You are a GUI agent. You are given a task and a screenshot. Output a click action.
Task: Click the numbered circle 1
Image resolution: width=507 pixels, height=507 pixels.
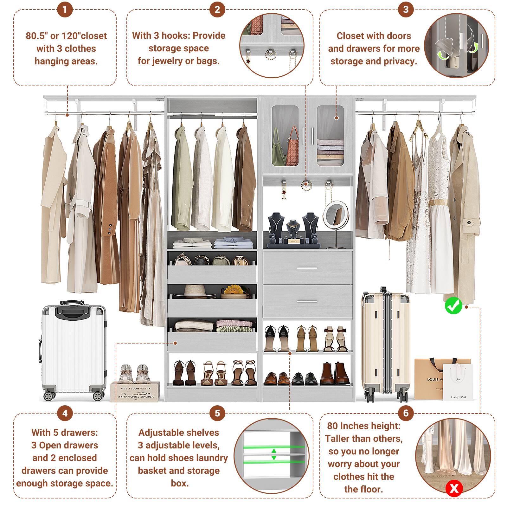tap(65, 10)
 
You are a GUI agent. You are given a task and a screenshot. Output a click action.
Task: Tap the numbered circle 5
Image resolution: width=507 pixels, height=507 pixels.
tap(217, 413)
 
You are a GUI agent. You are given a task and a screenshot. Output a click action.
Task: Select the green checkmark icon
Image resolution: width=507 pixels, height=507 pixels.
tap(453, 305)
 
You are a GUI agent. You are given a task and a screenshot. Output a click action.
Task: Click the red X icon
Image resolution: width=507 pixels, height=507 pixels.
tap(454, 488)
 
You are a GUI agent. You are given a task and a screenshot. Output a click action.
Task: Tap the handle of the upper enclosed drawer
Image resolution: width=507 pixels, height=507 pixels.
tap(307, 268)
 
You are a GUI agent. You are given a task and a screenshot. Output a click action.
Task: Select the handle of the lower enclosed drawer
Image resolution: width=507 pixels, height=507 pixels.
tap(307, 301)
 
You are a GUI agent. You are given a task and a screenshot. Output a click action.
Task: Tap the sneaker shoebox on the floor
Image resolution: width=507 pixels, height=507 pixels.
tap(135, 392)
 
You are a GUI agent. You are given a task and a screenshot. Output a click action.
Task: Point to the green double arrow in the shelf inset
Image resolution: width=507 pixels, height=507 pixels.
tap(274, 454)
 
